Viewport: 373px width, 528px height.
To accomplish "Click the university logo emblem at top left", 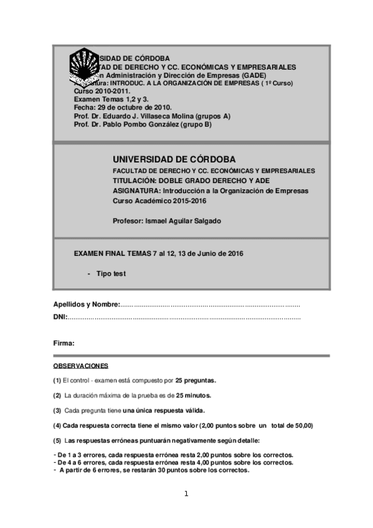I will [82, 67].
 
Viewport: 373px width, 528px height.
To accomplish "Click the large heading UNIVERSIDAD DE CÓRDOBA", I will [174, 159].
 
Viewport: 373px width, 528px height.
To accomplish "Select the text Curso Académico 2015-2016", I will [159, 200].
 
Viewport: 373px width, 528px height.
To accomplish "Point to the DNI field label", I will [60, 318].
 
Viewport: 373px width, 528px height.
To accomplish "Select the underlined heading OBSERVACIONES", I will [81, 365].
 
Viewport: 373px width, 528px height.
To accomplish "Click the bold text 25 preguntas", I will [196, 380].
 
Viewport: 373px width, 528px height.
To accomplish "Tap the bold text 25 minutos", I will [194, 395].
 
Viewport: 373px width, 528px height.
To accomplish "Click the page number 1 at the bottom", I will [186, 494].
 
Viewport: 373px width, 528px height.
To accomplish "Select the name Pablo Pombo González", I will [138, 124].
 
